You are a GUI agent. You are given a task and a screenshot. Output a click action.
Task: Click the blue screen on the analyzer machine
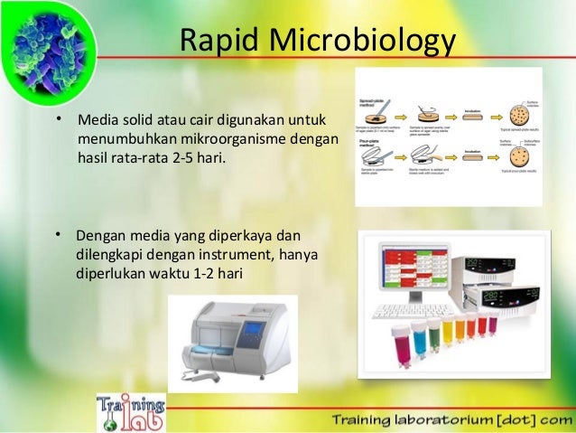click(x=256, y=332)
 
